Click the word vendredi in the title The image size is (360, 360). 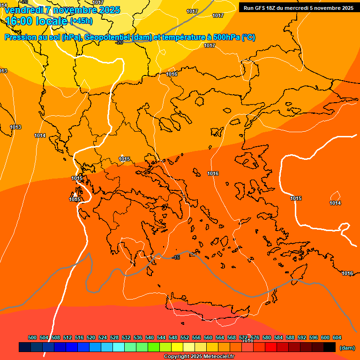pyautogui.click(x=24, y=10)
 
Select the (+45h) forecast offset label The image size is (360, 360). pyautogui.click(x=81, y=21)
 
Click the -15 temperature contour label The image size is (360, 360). pyautogui.click(x=176, y=258)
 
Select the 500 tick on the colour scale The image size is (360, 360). pyautogui.click(x=32, y=337)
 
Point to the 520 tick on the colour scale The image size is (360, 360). pyautogui.click(x=91, y=337)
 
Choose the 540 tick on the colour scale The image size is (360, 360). pyautogui.click(x=150, y=337)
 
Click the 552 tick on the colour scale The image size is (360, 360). pyautogui.click(x=185, y=337)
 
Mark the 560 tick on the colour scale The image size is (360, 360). pyautogui.click(x=208, y=337)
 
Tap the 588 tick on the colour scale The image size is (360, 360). pyautogui.click(x=290, y=337)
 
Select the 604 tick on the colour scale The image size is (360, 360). pyautogui.click(x=337, y=337)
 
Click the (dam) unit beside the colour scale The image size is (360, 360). pyautogui.click(x=347, y=348)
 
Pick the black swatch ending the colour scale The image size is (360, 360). pyautogui.click(x=330, y=347)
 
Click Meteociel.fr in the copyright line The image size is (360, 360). pyautogui.click(x=219, y=357)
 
